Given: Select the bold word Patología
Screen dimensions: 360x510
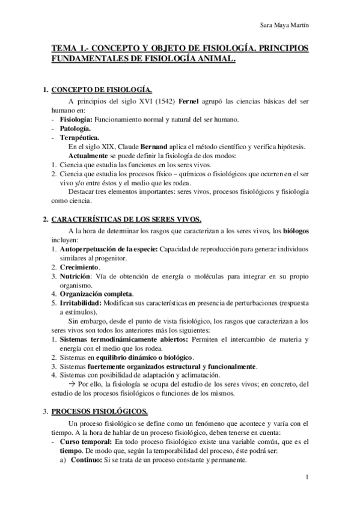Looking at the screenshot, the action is pos(75,127).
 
